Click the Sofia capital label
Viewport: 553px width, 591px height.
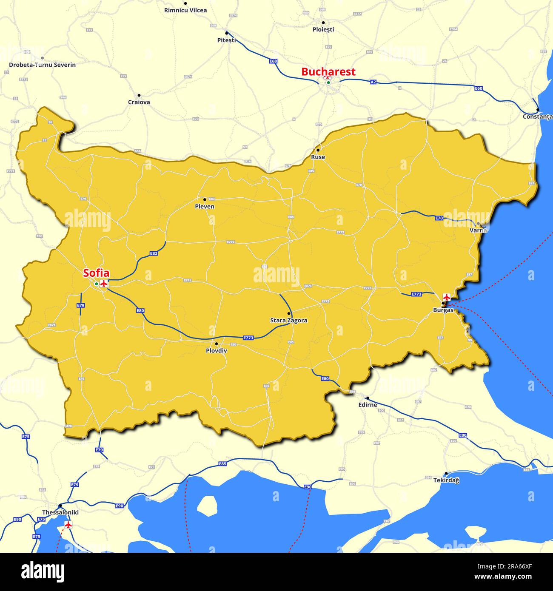[96, 273]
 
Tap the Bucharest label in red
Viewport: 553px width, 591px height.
[328, 72]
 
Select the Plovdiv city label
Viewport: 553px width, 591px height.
[216, 351]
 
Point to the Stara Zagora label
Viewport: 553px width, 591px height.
[288, 321]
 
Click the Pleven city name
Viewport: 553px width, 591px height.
[204, 207]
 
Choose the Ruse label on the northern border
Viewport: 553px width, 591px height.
[318, 157]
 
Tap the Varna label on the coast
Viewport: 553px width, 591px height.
[478, 230]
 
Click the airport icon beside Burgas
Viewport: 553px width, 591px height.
[447, 297]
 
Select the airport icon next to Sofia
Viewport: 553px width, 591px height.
[104, 284]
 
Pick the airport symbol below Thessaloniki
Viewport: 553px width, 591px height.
[68, 524]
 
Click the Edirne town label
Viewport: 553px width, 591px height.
[368, 405]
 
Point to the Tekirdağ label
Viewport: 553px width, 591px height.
[446, 480]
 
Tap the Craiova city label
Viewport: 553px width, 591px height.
[139, 102]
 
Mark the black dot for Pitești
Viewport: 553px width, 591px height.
[227, 33]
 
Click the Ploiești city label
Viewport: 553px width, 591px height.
[323, 29]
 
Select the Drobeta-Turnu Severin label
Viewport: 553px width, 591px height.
[42, 65]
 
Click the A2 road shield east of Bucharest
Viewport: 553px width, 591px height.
[373, 82]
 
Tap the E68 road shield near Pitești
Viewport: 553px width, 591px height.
[273, 61]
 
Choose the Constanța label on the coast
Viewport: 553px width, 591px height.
[538, 116]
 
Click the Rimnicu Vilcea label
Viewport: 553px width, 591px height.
[185, 10]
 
